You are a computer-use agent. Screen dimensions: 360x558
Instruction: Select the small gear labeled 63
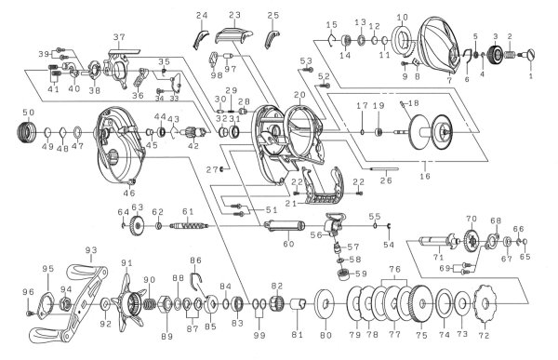[x=138, y=226]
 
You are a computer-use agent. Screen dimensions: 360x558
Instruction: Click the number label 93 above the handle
[x=91, y=250]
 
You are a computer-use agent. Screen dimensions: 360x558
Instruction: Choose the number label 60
[x=288, y=244]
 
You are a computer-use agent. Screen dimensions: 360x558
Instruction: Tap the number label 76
[x=396, y=269]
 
